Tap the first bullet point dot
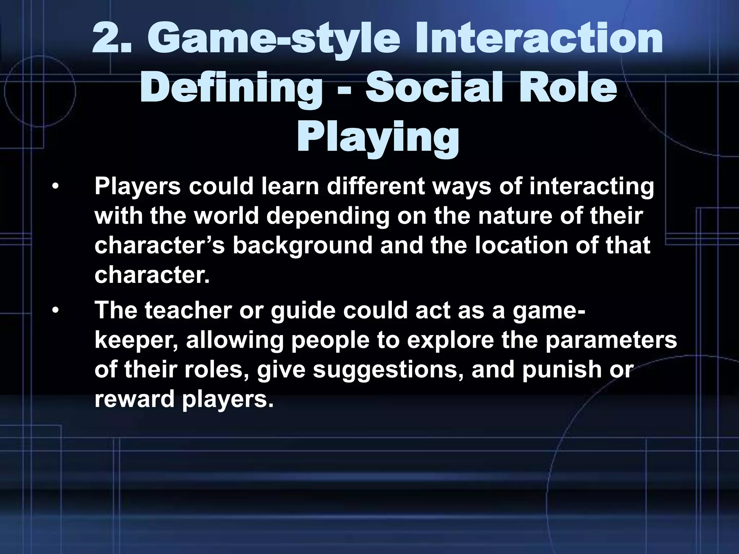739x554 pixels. (x=55, y=187)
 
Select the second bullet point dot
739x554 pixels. (x=55, y=310)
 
